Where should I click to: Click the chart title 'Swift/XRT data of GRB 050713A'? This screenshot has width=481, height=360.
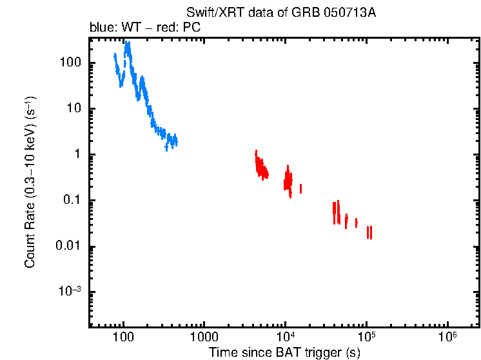click(280, 14)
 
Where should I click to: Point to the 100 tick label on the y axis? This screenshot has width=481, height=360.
click(69, 63)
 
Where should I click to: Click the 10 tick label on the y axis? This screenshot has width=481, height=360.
click(72, 109)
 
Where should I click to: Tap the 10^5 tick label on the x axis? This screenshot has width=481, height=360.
click(366, 337)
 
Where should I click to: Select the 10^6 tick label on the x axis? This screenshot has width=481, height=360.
click(447, 337)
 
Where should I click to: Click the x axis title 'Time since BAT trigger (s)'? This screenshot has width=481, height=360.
click(284, 352)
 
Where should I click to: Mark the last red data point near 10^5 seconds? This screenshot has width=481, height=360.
click(371, 232)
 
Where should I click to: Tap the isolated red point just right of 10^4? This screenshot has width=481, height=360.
click(300, 188)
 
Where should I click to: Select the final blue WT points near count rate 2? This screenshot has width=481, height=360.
click(174, 140)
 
